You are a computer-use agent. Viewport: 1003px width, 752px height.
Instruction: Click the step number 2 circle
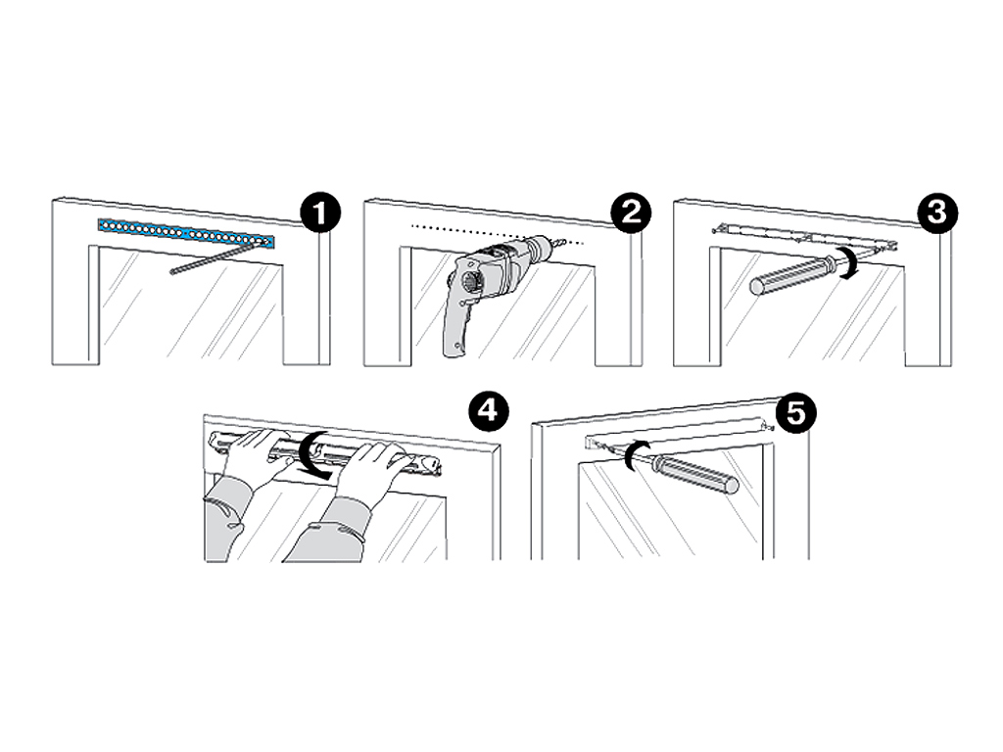click(631, 212)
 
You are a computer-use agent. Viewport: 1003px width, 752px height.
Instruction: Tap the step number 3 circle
click(937, 212)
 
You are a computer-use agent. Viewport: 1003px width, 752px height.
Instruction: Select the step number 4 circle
click(489, 410)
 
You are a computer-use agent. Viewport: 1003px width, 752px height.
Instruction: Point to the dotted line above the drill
click(498, 234)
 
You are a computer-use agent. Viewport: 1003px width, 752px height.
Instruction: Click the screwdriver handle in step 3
click(790, 275)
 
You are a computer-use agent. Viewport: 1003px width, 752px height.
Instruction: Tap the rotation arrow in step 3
click(849, 264)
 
